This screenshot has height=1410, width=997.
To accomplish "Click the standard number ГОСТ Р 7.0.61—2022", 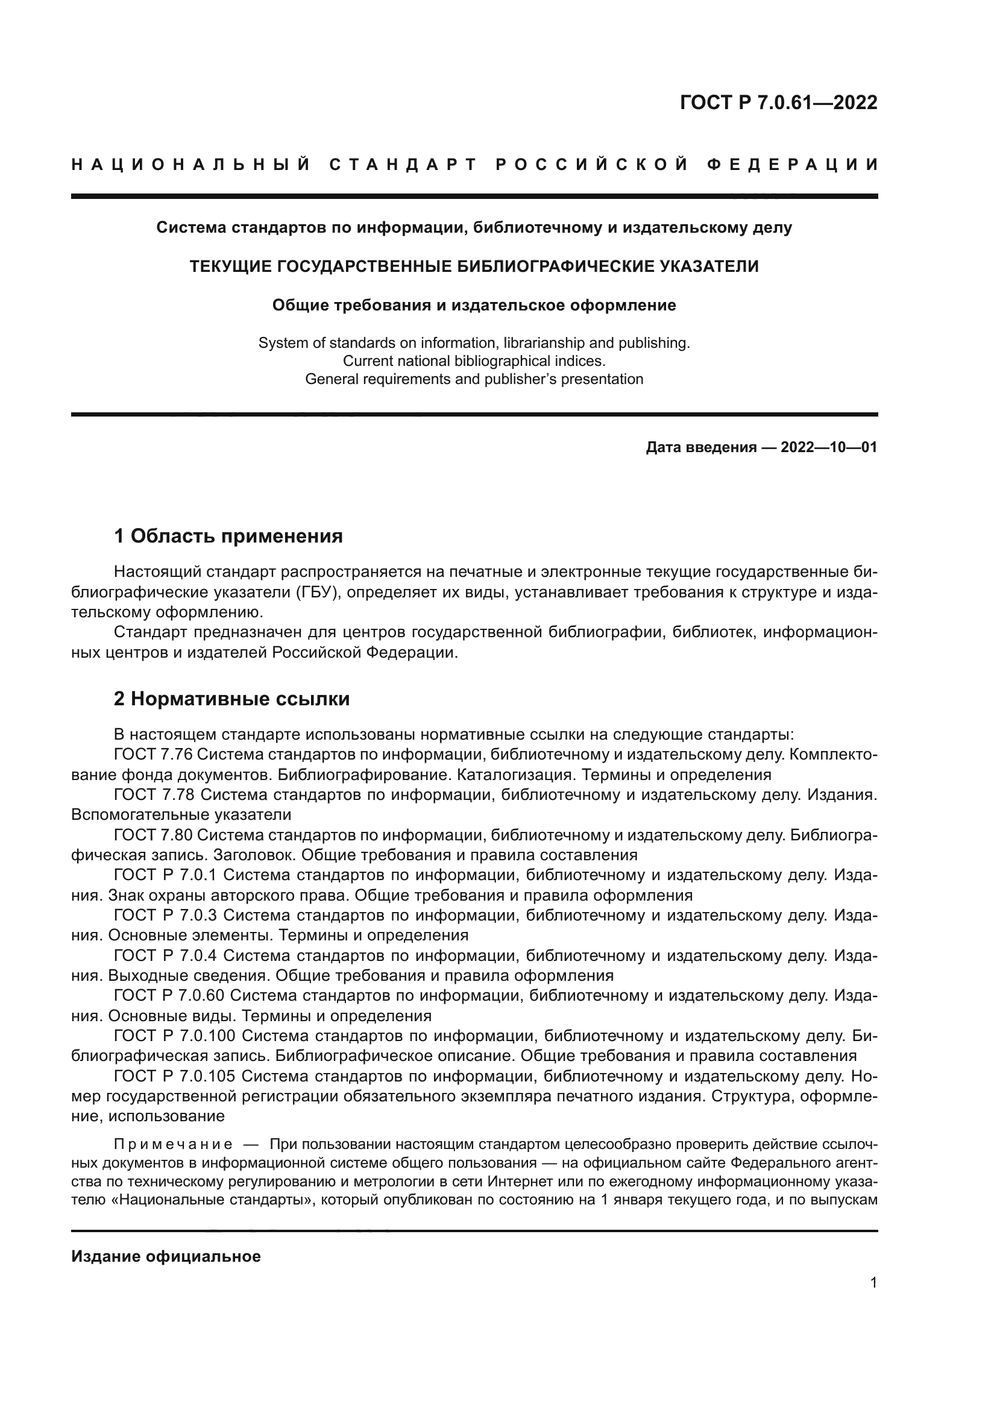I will coord(778,102).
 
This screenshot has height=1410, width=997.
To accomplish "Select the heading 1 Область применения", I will coord(228,536).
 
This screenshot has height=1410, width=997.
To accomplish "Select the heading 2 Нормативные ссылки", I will coord(231,699).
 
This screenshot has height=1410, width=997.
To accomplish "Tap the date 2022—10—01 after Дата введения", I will coord(829,447).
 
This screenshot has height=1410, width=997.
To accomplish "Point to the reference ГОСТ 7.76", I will coord(154,754).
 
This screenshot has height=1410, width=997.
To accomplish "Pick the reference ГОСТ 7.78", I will coord(154,795).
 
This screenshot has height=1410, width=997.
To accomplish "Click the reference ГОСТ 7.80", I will coord(154,835).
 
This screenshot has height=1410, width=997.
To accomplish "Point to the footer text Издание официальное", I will coord(166,1256).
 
